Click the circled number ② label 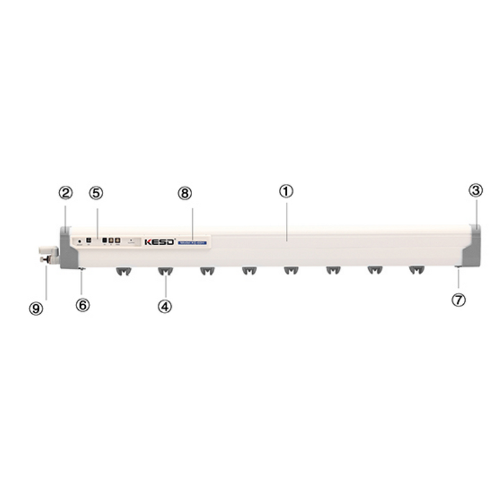click(66, 193)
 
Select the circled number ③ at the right click(475, 191)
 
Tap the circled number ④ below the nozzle click(165, 306)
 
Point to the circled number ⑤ click(96, 193)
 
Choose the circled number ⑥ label click(83, 305)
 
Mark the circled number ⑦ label click(458, 299)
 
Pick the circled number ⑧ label click(185, 193)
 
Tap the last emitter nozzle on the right click(416, 271)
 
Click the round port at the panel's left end click(80, 241)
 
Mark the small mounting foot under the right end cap click(458, 268)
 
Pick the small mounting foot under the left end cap click(82, 268)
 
